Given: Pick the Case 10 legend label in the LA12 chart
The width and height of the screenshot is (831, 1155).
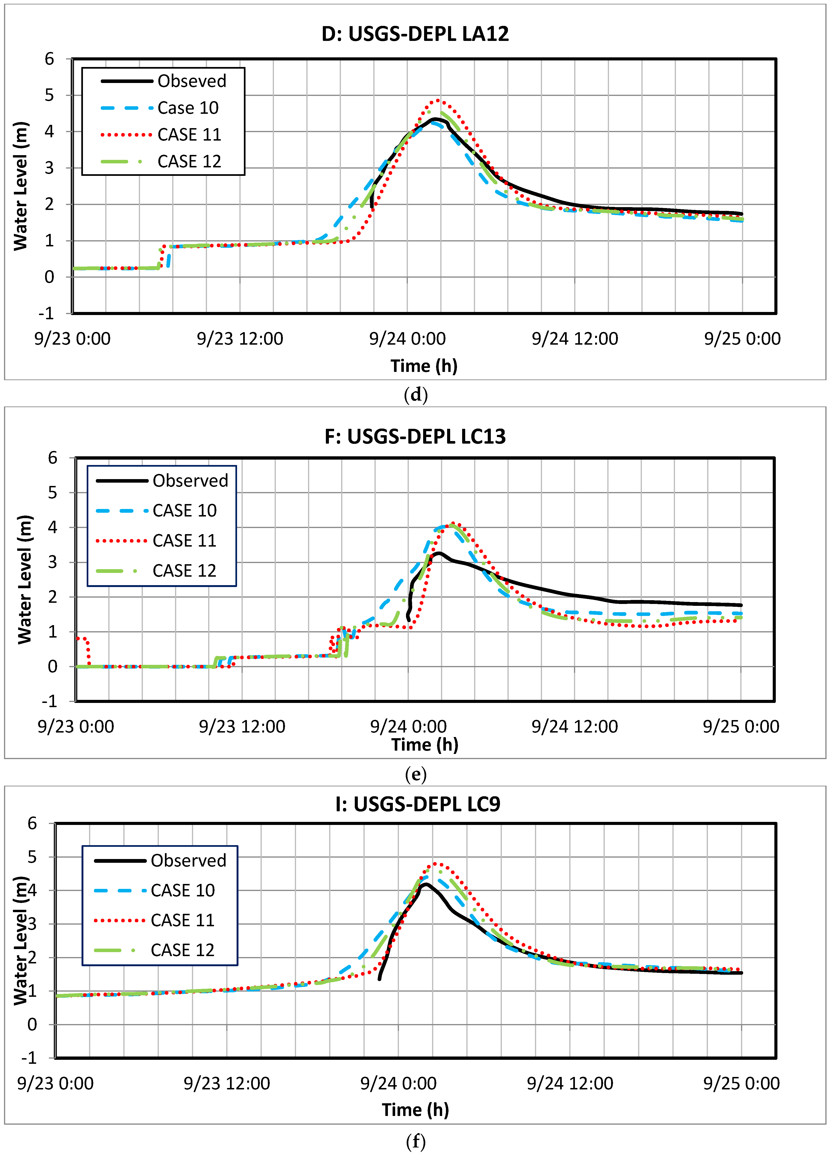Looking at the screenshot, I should point(188,108).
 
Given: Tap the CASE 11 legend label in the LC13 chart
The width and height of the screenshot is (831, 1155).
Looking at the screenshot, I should point(184,540).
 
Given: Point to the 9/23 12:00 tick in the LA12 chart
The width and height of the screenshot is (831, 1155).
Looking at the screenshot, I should point(240,339).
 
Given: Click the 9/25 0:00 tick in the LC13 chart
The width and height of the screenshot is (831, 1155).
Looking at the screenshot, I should point(741,726).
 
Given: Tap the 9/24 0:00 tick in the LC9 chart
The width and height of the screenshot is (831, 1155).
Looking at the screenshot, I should point(398,1083).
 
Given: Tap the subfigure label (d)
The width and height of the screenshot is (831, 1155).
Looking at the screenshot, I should point(415,395).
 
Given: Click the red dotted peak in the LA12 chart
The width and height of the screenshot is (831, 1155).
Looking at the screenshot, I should point(438,100).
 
